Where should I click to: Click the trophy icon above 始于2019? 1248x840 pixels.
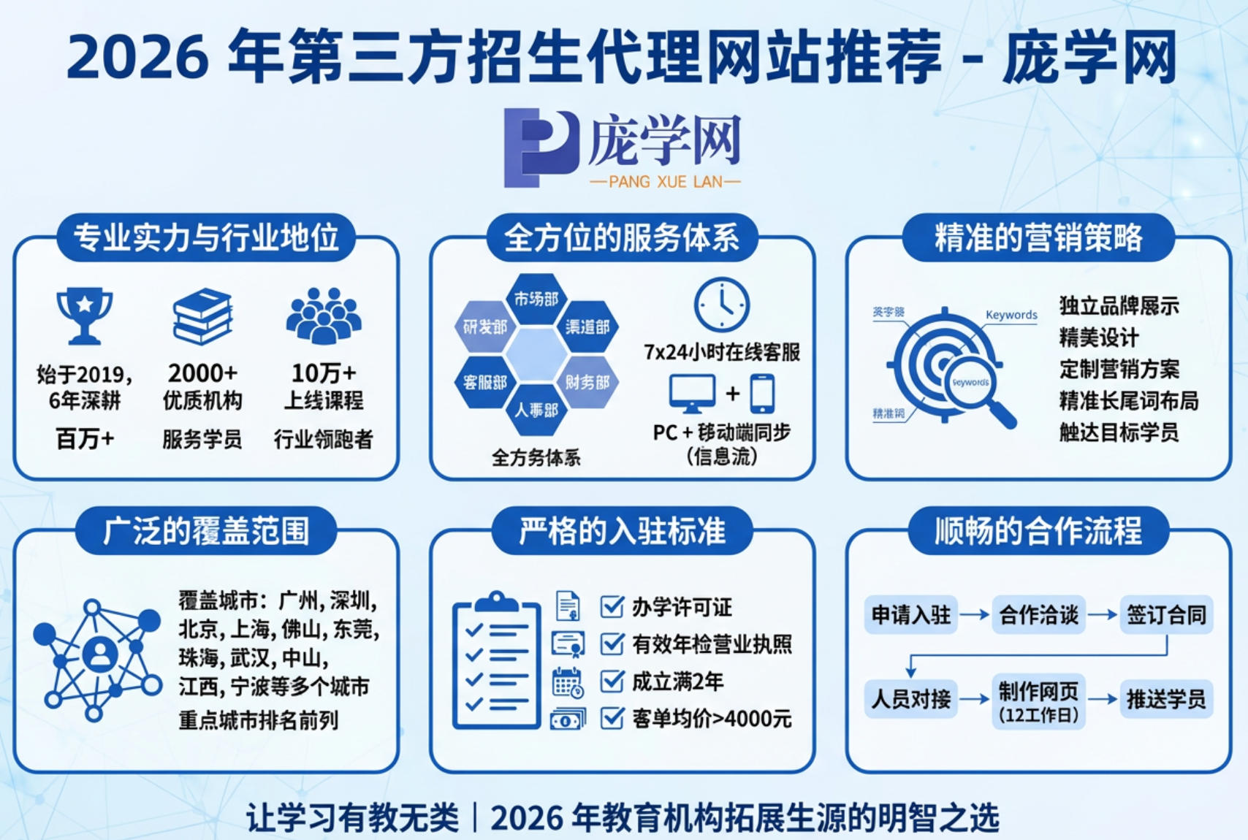(85, 315)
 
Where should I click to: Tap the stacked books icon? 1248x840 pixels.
(202, 316)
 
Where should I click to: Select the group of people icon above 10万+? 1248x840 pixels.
(324, 315)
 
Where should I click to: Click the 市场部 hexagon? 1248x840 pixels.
(536, 299)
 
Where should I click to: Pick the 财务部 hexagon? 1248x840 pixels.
(587, 382)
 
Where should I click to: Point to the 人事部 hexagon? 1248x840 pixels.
(536, 410)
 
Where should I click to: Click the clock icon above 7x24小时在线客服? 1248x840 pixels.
(721, 305)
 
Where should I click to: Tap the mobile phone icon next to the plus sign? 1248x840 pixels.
(762, 394)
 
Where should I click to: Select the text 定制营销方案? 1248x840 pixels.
(1119, 369)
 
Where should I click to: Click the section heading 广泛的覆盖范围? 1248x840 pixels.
(206, 531)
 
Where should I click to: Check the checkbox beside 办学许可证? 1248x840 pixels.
(612, 606)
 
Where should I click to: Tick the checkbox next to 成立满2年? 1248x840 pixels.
(612, 681)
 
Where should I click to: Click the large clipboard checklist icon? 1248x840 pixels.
(497, 661)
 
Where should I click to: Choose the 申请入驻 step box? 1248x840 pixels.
(911, 615)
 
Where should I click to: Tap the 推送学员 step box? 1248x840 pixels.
(1166, 699)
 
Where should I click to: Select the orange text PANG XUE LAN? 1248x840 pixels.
(665, 182)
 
